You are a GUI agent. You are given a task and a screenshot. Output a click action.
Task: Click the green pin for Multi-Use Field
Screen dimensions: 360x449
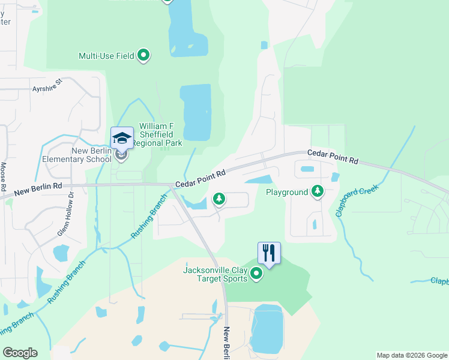point(143,56)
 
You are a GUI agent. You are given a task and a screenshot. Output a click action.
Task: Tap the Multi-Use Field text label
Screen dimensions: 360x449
point(106,56)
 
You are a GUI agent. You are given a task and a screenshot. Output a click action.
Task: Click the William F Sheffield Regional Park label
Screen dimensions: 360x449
point(160,135)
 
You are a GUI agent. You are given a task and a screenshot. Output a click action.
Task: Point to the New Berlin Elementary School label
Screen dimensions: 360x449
point(77,155)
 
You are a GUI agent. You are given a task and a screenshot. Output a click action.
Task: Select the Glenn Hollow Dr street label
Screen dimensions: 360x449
point(70,207)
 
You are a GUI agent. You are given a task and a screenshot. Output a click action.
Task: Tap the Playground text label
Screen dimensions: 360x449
point(286,192)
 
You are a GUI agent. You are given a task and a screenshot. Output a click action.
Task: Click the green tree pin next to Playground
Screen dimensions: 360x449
point(317,191)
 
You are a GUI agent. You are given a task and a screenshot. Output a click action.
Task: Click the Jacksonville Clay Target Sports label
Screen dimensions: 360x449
point(215,274)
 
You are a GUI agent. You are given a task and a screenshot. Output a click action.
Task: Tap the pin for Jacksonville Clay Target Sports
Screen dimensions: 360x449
point(256,274)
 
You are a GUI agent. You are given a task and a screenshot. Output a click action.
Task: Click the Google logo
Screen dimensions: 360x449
point(20,352)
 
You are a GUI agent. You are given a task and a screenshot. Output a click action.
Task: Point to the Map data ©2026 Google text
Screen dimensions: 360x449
point(411,355)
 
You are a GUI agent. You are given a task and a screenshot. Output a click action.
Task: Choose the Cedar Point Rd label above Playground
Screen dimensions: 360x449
point(333,157)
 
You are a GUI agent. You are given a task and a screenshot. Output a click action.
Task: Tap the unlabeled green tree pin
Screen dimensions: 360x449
point(219,198)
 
